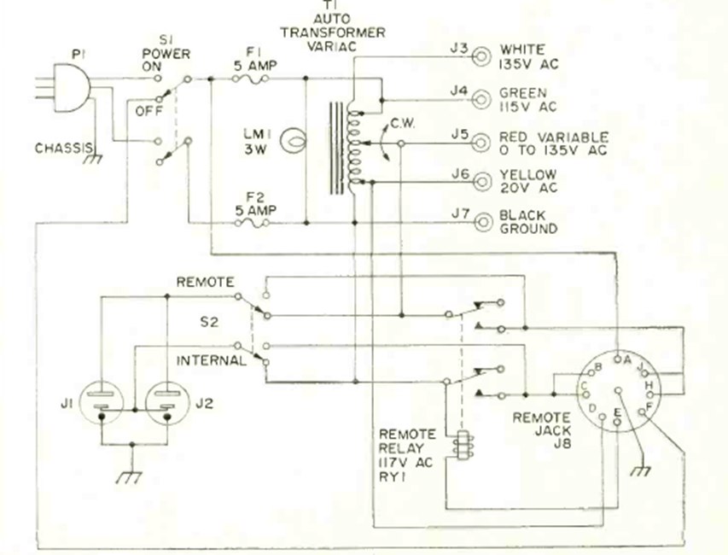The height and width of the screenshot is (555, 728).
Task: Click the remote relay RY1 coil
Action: [462, 446]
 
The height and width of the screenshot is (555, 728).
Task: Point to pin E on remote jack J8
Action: [619, 413]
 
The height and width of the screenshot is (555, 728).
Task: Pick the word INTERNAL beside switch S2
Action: [210, 360]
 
